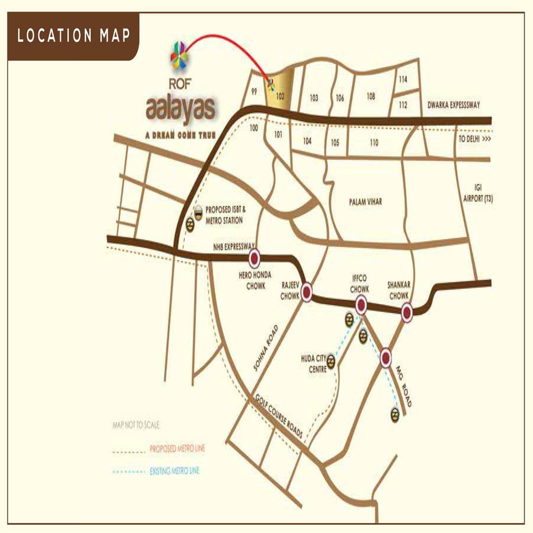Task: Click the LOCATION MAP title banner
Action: point(74,36)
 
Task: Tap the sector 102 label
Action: point(280,97)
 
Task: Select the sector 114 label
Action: point(403,79)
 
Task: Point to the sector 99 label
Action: point(254,92)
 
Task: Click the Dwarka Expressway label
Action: point(454,105)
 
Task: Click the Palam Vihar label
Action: point(365,201)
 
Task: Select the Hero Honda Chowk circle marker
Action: point(255,258)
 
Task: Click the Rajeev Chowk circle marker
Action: point(306,292)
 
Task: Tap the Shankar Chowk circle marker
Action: point(407,312)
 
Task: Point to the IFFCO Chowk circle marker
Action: point(361,305)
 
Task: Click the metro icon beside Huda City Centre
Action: point(331,362)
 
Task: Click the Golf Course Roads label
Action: point(279,417)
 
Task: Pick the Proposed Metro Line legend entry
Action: point(177,449)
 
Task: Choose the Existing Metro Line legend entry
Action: point(174,472)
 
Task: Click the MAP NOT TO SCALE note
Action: point(136,425)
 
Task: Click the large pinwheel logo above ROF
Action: point(179,56)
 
